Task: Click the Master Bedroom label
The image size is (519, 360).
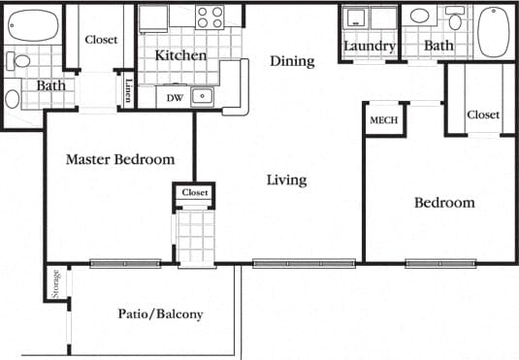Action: coord(120,159)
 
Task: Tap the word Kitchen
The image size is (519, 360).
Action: coord(180,55)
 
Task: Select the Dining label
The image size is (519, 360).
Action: coord(292,61)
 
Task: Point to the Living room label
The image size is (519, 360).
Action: coord(287,180)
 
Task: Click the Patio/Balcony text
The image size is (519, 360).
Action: coord(161,314)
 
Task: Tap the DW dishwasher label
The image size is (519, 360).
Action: coord(175,97)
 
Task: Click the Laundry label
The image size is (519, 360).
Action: coord(369,46)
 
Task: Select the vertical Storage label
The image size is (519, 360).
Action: coord(56,282)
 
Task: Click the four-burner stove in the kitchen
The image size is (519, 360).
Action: coord(210,16)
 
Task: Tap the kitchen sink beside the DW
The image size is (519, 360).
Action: coord(202,95)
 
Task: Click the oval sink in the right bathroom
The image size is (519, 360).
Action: coord(420,16)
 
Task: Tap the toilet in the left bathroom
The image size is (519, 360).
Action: coord(20,61)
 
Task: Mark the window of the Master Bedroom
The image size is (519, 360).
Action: coord(125,263)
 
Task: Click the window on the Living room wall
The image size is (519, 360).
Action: coord(304,263)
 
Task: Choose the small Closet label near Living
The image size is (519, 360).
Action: coord(195,193)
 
